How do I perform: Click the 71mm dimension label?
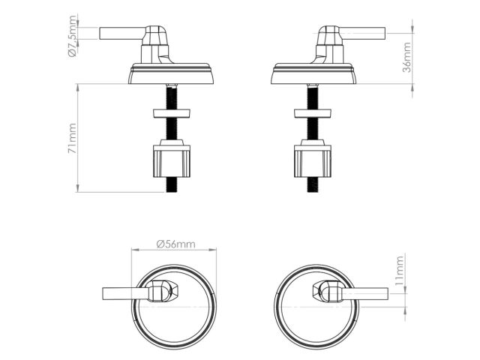pos(73,139)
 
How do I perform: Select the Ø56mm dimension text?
pos(175,244)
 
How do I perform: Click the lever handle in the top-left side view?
pos(120,33)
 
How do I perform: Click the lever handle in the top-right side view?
pos(364,33)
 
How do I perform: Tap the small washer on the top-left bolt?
pos(172,113)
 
